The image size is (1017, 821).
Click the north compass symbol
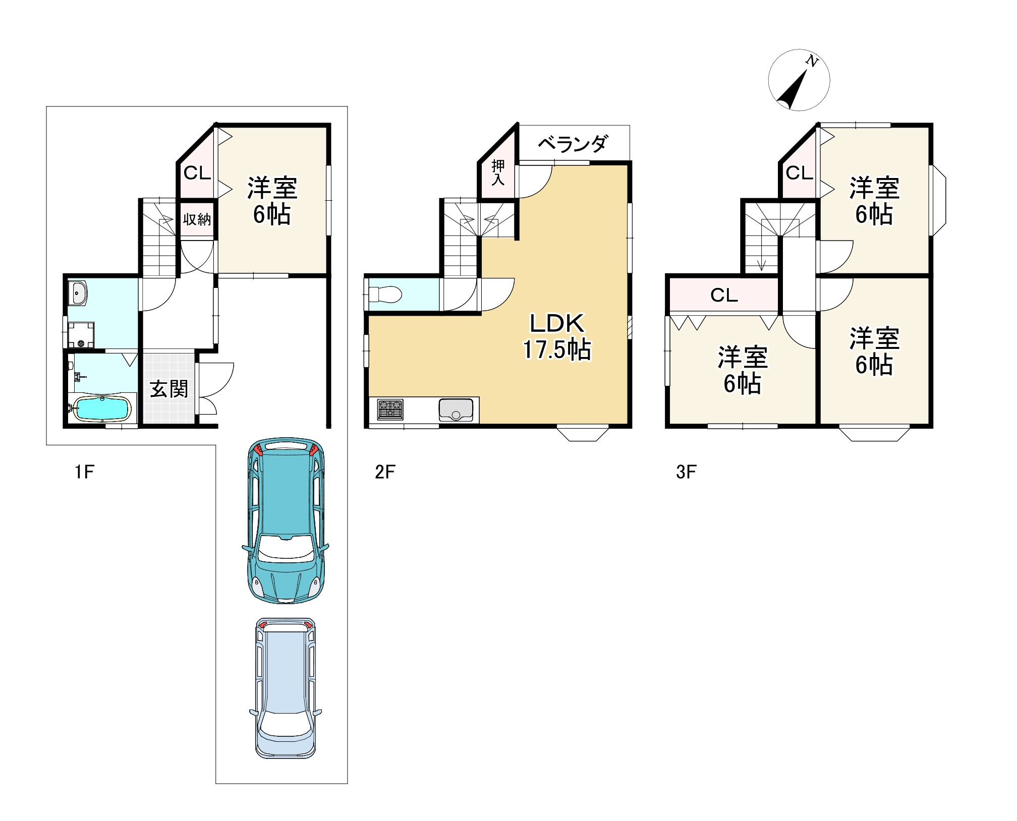point(799,80)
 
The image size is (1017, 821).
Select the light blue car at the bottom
point(286,688)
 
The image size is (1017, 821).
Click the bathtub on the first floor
point(102,407)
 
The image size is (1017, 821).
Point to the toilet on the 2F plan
point(385,294)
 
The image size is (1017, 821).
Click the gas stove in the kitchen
point(390,409)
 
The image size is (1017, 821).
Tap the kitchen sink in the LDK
point(456,409)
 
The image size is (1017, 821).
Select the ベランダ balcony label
point(573,144)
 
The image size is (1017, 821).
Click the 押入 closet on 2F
point(498,172)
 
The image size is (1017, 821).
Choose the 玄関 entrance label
point(169,389)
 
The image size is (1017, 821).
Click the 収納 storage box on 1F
point(197,219)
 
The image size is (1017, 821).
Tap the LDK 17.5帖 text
point(556,336)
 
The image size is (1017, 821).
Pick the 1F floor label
point(84,472)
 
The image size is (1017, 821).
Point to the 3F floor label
point(686,472)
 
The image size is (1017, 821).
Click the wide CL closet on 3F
point(724,295)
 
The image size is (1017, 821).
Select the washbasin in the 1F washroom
point(79,293)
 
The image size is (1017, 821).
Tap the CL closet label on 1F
point(197,173)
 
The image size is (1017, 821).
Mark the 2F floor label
point(385,472)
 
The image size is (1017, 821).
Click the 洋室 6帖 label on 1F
point(272,200)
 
